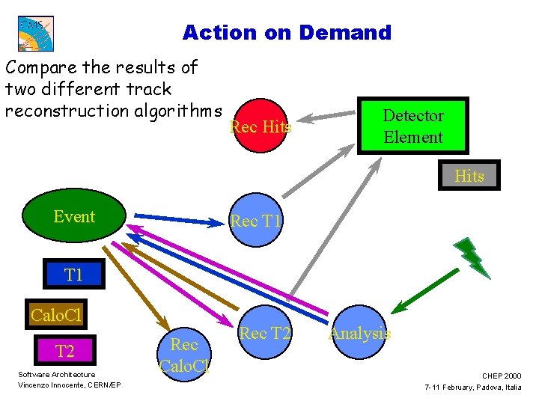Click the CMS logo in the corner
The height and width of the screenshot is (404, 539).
[36, 34]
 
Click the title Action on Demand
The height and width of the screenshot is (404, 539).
[287, 33]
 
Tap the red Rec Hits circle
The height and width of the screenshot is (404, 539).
[259, 126]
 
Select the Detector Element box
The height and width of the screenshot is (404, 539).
[412, 126]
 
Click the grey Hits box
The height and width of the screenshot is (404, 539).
[469, 176]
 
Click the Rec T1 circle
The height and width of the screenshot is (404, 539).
[255, 221]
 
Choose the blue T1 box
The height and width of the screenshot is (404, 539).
[73, 275]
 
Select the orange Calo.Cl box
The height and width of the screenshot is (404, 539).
[55, 315]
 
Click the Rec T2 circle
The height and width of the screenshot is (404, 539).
[264, 334]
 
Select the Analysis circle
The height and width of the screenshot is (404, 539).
[360, 334]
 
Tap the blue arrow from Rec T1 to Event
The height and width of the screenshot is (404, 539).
[177, 219]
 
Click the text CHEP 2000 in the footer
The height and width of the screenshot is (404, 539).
[502, 376]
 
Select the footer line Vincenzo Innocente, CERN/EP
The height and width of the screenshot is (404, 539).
[70, 385]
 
